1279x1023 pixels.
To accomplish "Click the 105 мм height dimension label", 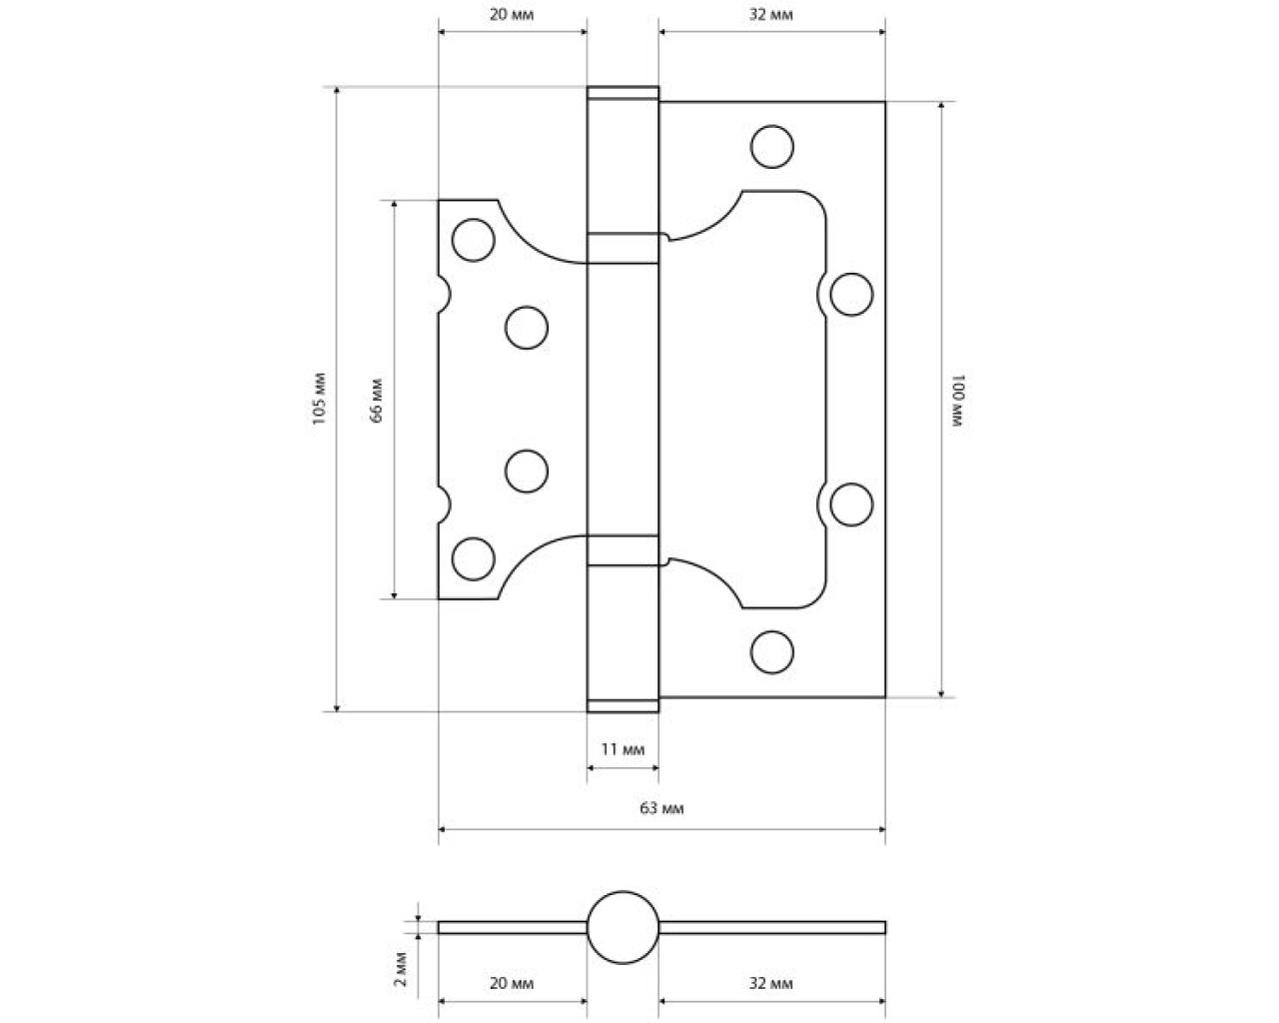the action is (320, 399).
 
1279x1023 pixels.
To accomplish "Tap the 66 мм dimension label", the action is (377, 400).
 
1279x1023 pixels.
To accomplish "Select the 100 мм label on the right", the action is (958, 401).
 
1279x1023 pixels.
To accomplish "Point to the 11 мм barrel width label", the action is (623, 749).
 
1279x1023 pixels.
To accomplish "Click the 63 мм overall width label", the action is (661, 808).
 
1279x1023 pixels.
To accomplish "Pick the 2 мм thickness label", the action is (401, 969).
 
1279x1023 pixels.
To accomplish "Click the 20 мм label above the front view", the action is (512, 15).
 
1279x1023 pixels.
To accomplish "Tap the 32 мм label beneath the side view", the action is (770, 984).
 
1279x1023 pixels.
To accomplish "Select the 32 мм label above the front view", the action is (770, 15).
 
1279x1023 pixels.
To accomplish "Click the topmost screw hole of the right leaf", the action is (772, 146).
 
